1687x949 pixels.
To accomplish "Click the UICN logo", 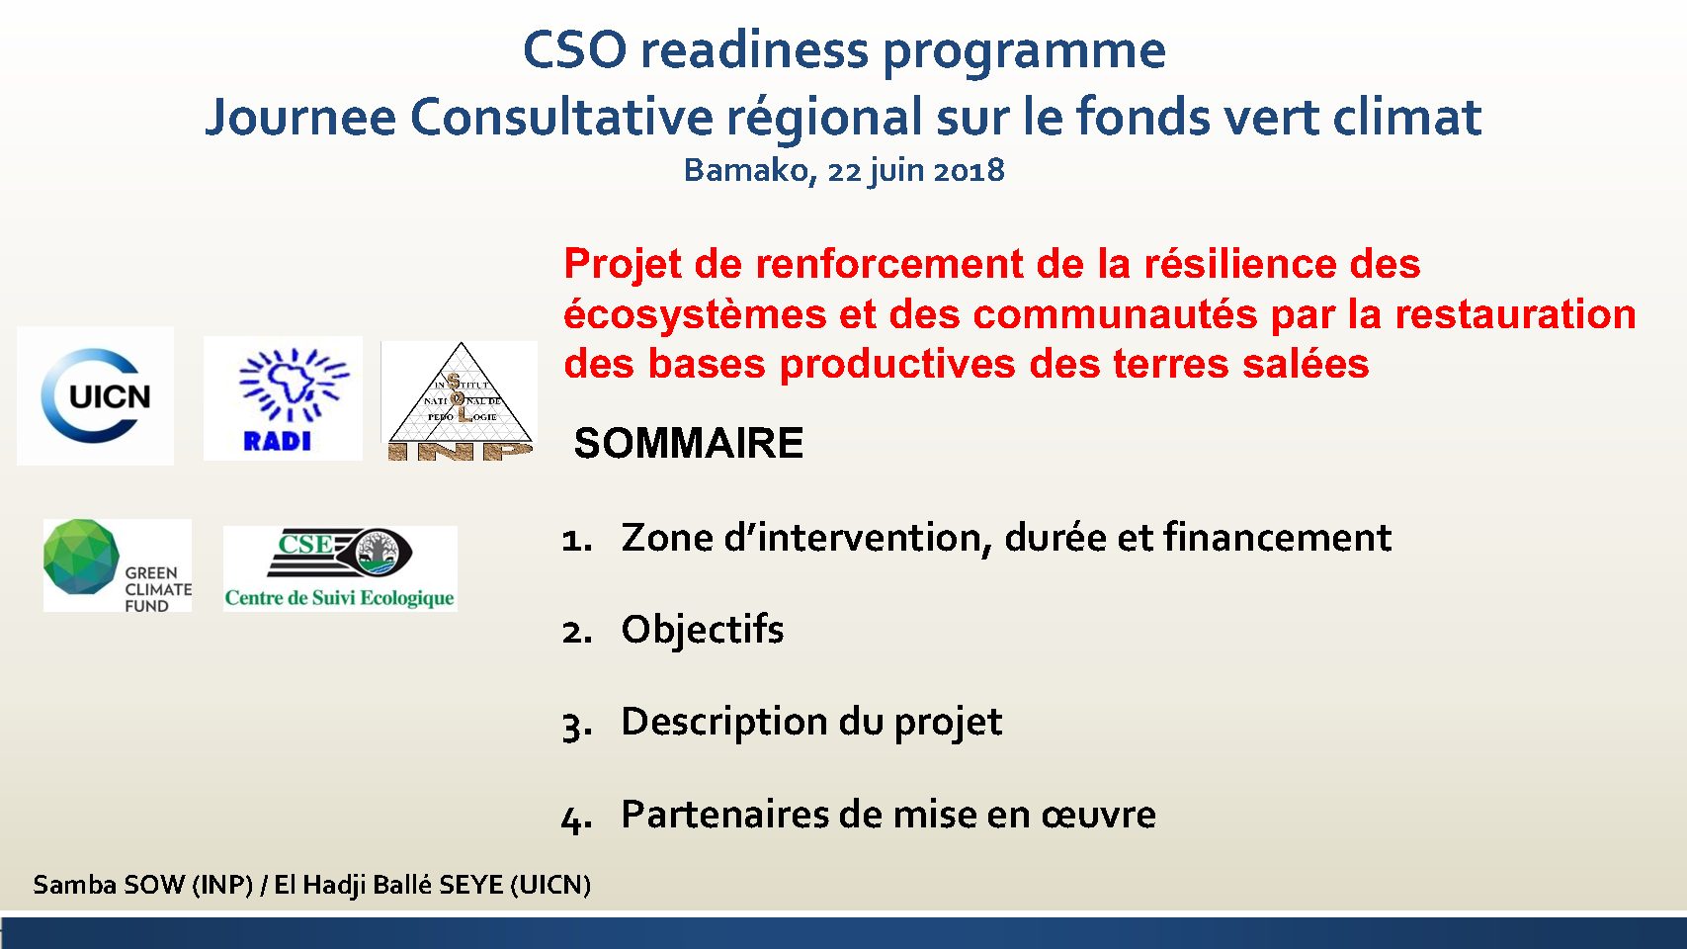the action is (96, 395).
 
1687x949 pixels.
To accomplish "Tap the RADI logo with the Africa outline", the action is (284, 398).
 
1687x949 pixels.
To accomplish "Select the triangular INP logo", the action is (461, 400).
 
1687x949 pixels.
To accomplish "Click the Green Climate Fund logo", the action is (118, 564).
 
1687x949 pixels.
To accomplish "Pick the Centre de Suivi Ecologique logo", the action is (340, 568).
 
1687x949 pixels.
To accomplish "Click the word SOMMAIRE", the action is (689, 442).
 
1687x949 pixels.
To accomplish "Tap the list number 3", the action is (577, 726).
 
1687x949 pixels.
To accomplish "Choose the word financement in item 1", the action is (1277, 537).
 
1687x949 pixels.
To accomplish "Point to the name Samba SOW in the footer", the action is (109, 884).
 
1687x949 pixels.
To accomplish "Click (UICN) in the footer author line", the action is (550, 885).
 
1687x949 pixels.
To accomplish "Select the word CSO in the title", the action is (574, 50).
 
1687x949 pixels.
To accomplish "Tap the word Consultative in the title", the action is (561, 117).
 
